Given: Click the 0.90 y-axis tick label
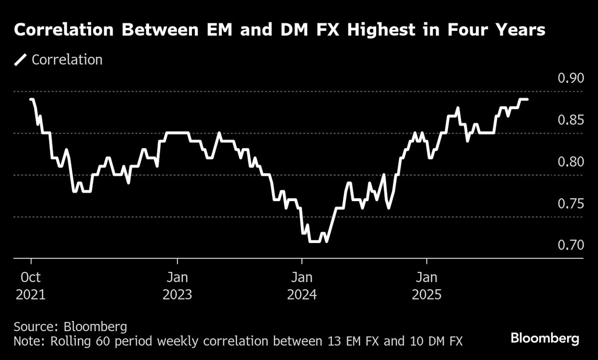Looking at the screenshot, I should point(569,79).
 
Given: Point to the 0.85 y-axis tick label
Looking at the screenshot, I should point(569,120).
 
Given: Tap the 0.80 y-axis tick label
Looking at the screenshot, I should point(569,162).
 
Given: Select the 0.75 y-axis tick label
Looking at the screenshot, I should point(569,204).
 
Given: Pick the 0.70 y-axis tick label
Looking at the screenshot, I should point(569,246).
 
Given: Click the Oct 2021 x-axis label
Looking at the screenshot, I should point(30,285).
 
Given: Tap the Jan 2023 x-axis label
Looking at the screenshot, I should point(177,285).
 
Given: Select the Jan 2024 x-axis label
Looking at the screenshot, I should point(302,285).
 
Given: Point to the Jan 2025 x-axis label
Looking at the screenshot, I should point(427,285).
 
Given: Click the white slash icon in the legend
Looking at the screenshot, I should point(20,60).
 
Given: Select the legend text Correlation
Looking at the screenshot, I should point(67,60).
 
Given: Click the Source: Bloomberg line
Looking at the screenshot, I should point(70,327).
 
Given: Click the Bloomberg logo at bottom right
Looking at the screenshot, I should point(545,339).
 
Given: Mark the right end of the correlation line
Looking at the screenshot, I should point(527,100).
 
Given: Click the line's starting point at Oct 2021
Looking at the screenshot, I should point(31,100).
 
